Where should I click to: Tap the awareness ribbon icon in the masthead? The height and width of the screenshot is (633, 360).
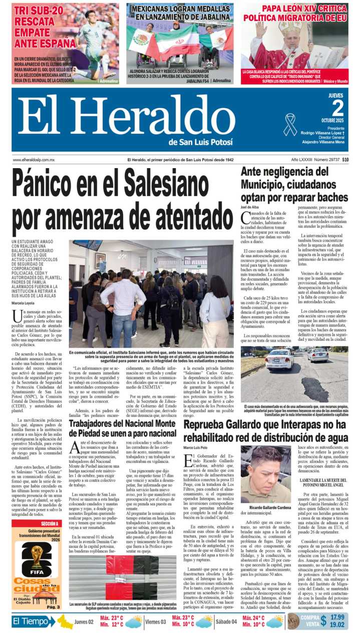[290, 124]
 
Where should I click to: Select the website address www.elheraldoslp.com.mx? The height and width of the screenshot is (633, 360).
[34, 160]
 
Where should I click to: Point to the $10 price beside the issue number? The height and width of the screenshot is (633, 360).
[345, 160]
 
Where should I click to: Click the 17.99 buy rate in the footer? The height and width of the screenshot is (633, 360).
[337, 616]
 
